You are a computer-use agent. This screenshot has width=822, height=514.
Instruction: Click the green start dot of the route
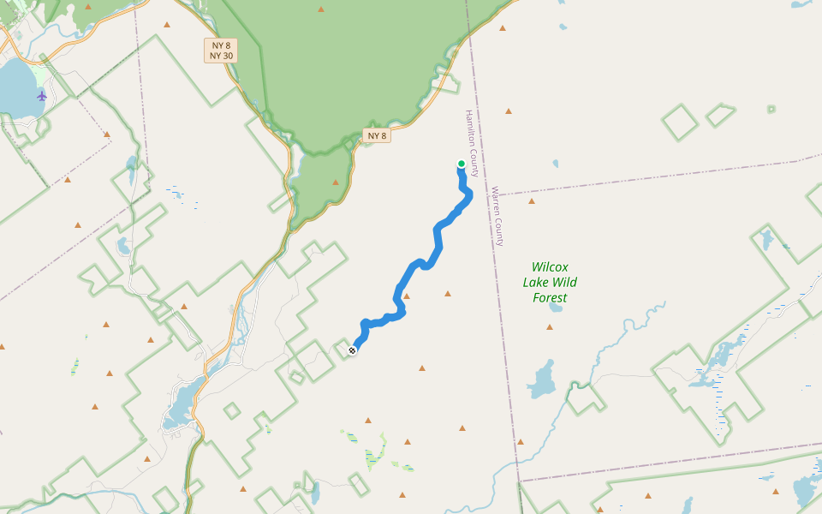pyautogui.click(x=462, y=164)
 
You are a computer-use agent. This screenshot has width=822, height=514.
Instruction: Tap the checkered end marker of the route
pyautogui.click(x=352, y=350)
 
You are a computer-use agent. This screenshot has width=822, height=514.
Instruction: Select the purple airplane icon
pyautogui.click(x=42, y=95)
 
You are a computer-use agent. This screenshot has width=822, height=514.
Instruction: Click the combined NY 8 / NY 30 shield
pyautogui.click(x=221, y=50)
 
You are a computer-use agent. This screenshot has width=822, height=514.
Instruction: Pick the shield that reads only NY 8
pyautogui.click(x=378, y=135)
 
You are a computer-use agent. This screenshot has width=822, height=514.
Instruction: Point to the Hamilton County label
pyautogui.click(x=472, y=142)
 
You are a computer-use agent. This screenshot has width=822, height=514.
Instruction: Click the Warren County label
pyautogui.click(x=497, y=216)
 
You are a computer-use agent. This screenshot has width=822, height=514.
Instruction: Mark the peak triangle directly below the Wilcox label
pyautogui.click(x=550, y=326)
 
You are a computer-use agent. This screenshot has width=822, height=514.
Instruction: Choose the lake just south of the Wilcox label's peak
pyautogui.click(x=541, y=379)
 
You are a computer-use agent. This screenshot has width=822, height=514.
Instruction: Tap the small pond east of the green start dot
pyautogui.click(x=556, y=163)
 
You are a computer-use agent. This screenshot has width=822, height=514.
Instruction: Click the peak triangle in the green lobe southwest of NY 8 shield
pyautogui.click(x=335, y=182)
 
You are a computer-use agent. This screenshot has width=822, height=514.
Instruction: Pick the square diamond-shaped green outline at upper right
pyautogui.click(x=681, y=123)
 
